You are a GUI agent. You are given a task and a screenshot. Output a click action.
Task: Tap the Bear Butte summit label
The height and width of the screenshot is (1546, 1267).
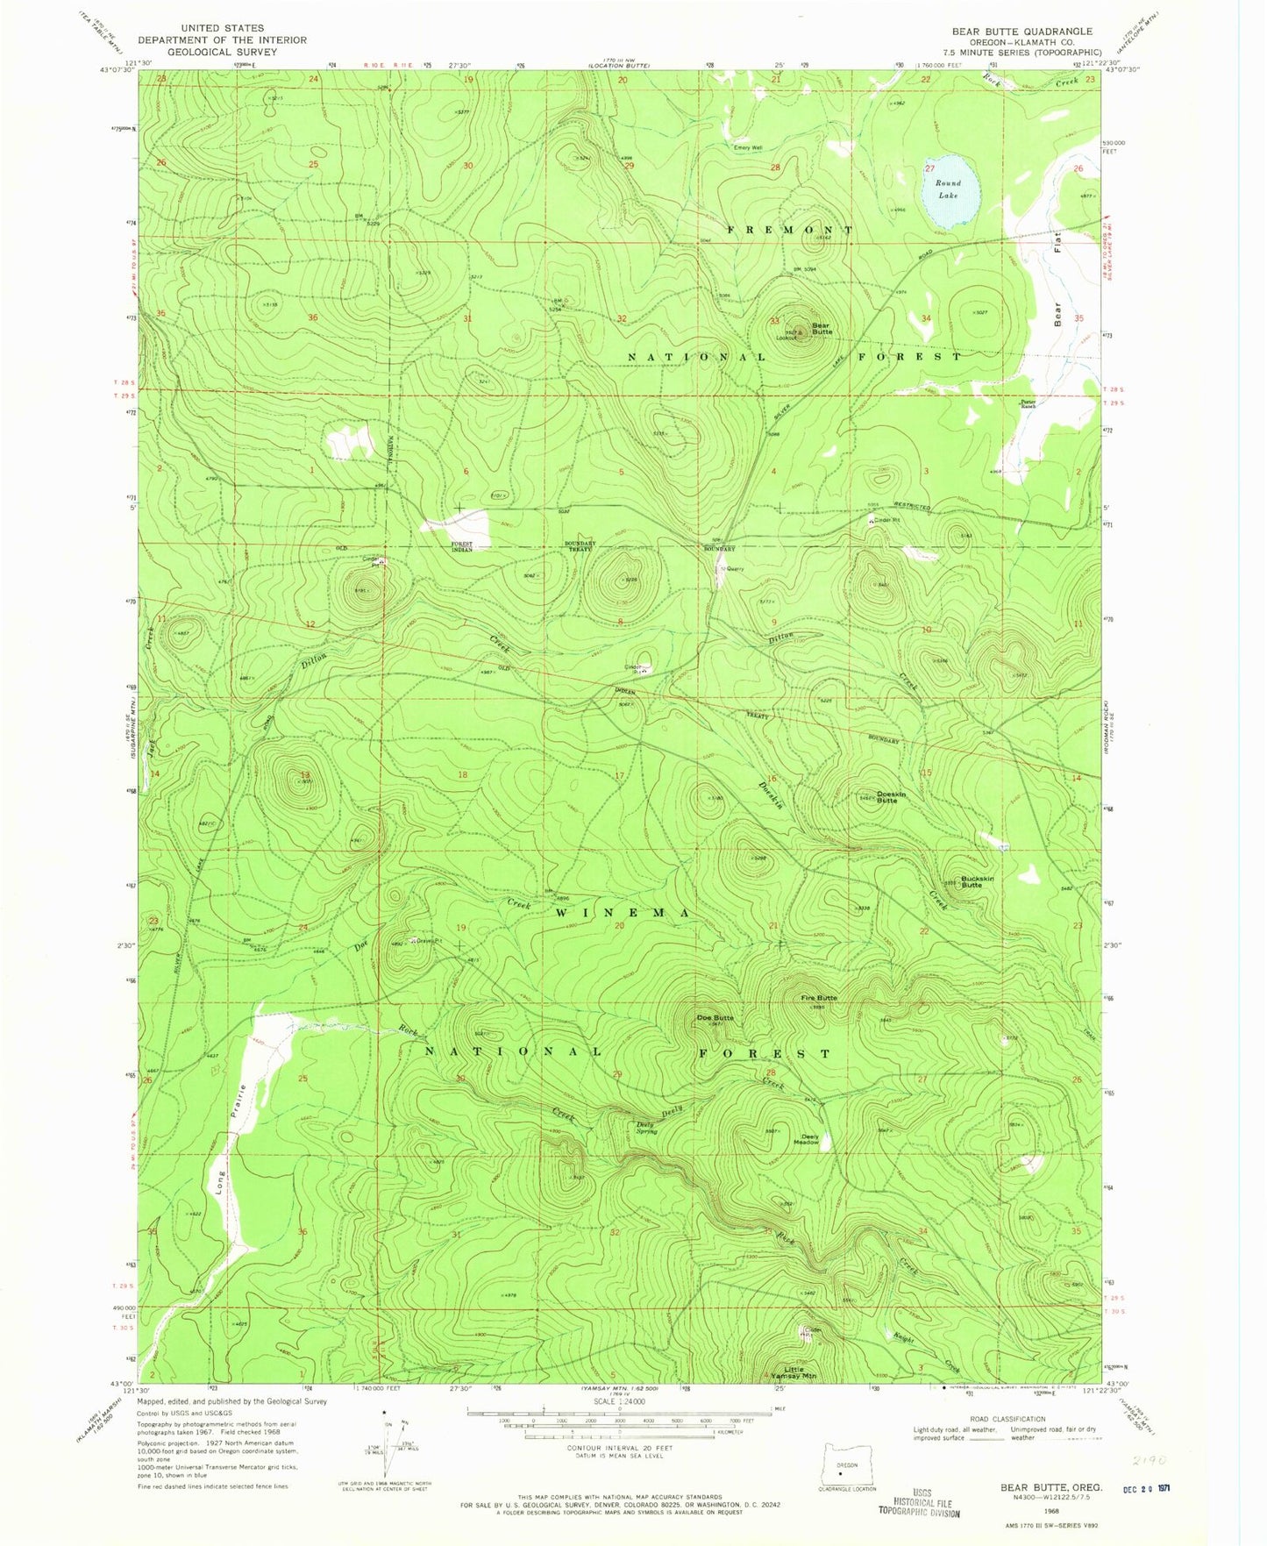click(821, 329)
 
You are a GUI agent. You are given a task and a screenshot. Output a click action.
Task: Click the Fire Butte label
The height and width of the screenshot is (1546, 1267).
click(818, 998)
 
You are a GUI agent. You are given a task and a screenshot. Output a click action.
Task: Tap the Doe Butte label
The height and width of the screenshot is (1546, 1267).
click(715, 1017)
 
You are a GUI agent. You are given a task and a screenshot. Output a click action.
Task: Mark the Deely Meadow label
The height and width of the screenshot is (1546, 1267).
click(806, 1140)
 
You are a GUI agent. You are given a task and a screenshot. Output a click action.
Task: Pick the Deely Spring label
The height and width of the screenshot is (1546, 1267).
click(646, 1128)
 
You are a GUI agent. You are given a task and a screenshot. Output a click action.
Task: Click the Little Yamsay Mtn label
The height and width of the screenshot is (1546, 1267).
click(800, 1373)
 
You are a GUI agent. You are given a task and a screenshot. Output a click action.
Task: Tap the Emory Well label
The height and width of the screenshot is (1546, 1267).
click(748, 147)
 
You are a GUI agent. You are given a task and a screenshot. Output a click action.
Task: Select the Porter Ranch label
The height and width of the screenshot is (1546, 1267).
click(1028, 404)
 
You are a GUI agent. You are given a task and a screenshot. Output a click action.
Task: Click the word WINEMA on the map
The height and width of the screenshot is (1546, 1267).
click(623, 913)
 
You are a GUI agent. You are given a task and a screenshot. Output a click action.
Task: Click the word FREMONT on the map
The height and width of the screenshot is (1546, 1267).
click(789, 230)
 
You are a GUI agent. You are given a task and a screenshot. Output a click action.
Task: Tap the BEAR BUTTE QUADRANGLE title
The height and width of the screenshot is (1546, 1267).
click(1021, 32)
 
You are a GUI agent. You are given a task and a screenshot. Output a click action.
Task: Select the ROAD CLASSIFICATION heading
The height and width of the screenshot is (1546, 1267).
click(1007, 1418)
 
